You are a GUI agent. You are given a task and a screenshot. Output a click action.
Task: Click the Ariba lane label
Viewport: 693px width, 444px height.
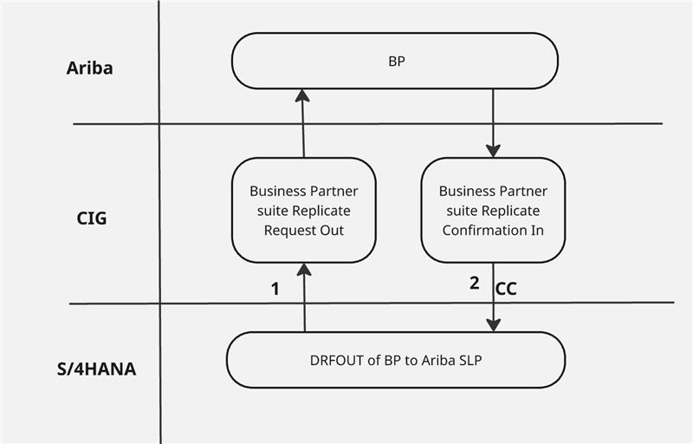89,69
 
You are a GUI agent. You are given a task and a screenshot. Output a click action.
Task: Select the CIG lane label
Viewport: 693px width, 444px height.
91,218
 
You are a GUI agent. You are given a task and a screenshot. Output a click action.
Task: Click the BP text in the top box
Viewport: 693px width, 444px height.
395,61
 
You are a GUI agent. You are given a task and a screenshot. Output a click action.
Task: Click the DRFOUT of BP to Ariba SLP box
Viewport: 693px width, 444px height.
395,360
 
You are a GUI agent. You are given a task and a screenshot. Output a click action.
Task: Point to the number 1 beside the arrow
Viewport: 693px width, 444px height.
275,290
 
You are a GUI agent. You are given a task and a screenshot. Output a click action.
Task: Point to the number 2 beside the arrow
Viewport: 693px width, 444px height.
474,283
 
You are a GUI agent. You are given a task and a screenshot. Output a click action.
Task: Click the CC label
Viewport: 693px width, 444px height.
506,290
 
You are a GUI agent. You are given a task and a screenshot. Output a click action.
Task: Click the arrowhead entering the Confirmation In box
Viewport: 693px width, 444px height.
493,151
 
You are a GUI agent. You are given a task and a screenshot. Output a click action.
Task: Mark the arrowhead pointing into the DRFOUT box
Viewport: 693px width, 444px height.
493,324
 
